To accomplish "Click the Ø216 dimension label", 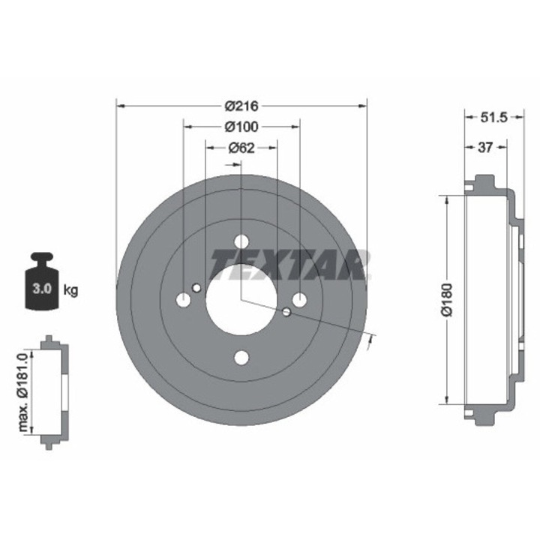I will [241, 106].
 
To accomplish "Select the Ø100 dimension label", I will [241, 127].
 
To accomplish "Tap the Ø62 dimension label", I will [241, 148].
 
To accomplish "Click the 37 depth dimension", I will [485, 148].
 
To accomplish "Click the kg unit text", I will [71, 289].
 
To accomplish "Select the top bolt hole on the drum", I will [241, 242].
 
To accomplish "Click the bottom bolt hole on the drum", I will [241, 357].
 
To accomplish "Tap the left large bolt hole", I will [184, 300].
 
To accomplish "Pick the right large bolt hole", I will [299, 300].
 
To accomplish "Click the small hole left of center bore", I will [196, 288].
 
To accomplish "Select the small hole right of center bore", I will [286, 311].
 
